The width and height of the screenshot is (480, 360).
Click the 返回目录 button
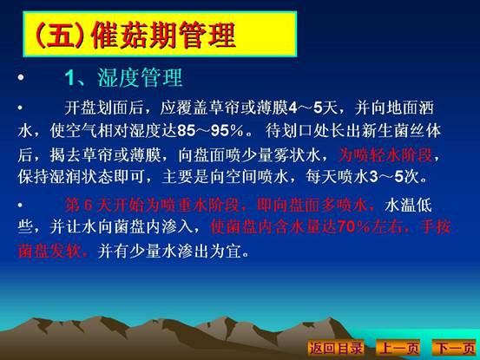(336, 348)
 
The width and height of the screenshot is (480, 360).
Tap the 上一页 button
(398, 348)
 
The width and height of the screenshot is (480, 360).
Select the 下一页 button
(455, 348)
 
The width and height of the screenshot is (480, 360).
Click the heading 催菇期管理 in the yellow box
(163, 36)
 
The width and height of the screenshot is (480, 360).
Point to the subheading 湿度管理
(140, 78)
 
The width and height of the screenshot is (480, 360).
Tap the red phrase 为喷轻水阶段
(385, 155)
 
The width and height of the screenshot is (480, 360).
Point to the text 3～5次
(394, 177)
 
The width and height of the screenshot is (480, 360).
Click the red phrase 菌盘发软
(49, 252)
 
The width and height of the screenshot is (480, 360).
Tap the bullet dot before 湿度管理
(21, 77)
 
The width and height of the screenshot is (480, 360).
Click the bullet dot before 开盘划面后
(20, 108)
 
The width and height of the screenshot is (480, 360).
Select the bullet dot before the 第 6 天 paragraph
(20, 205)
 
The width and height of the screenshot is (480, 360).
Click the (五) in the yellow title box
(59, 36)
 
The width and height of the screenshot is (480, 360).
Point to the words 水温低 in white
(409, 205)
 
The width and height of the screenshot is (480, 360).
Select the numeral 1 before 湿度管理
(70, 78)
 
